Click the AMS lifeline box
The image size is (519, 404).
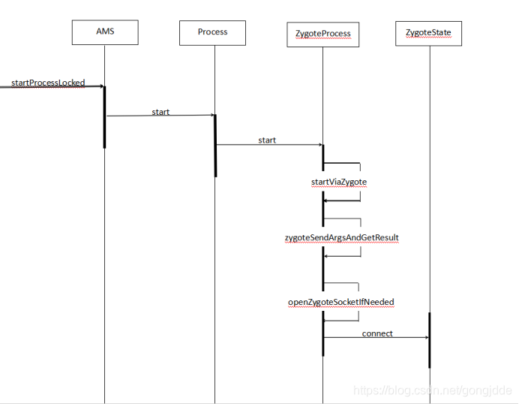coord(105,32)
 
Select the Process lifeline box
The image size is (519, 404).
coord(212,32)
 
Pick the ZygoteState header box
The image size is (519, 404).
coord(428,33)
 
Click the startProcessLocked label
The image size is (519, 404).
coord(48,82)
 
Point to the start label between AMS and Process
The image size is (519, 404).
coord(160,112)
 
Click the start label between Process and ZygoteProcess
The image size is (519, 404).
coord(267,140)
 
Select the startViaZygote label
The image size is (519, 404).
coord(338,182)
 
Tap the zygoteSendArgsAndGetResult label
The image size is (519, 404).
coord(341,238)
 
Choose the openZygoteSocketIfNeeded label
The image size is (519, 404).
coord(341,302)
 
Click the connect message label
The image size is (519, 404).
coord(377,333)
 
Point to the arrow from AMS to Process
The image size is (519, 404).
coord(160,116)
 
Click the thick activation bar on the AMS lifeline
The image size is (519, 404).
coord(104,117)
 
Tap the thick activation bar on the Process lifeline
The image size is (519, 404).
coord(215,146)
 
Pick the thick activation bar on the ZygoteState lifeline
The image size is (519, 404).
coord(430,340)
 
